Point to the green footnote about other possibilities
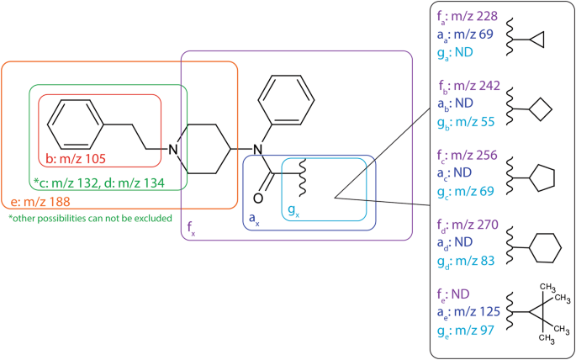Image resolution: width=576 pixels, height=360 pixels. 90,219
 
